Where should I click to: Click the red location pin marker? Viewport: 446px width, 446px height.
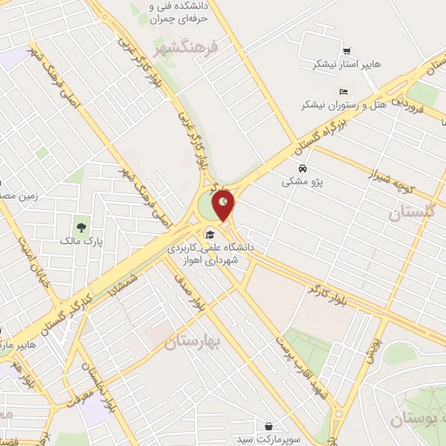point(224,203)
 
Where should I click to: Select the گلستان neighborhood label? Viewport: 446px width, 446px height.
point(414,213)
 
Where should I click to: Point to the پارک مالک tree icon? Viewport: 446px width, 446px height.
point(81,228)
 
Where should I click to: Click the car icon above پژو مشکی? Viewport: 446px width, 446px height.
point(301,168)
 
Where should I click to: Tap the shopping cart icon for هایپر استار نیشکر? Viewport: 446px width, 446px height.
point(348,51)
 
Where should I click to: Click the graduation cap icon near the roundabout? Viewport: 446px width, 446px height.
point(209,233)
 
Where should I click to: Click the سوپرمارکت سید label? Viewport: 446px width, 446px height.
point(274,439)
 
